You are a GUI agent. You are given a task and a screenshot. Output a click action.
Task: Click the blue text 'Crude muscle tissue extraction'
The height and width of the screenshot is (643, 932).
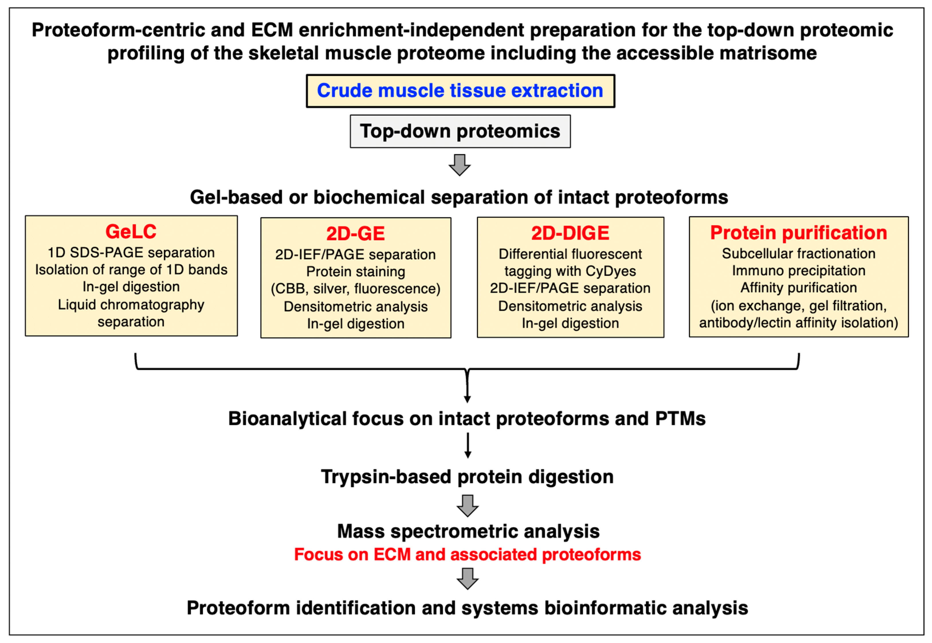tap(460, 91)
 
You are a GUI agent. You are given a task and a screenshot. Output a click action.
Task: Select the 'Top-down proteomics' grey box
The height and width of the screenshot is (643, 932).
tap(460, 131)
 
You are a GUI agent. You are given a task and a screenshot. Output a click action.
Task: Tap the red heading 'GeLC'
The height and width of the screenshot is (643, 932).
tap(131, 232)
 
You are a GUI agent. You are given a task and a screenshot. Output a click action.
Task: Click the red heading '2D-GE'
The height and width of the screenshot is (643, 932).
tap(356, 234)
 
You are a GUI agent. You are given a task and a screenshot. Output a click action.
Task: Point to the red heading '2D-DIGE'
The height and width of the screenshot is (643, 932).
tap(570, 233)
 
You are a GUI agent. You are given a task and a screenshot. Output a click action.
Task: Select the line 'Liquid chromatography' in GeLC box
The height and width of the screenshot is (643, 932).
tap(131, 304)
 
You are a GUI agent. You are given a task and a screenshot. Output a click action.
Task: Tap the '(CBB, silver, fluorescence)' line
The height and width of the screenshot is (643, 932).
tap(356, 289)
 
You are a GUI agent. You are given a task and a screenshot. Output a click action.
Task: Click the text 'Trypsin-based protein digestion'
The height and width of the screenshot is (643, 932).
tap(467, 477)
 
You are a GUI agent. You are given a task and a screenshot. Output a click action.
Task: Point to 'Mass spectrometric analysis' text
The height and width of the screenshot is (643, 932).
tap(468, 531)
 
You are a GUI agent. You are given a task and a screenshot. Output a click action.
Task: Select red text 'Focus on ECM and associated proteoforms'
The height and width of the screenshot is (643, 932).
tap(467, 554)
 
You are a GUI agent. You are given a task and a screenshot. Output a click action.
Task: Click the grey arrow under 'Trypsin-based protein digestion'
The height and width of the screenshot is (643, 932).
tap(467, 506)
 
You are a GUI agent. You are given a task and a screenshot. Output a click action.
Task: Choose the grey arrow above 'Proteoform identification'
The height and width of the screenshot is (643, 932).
tap(467, 578)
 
